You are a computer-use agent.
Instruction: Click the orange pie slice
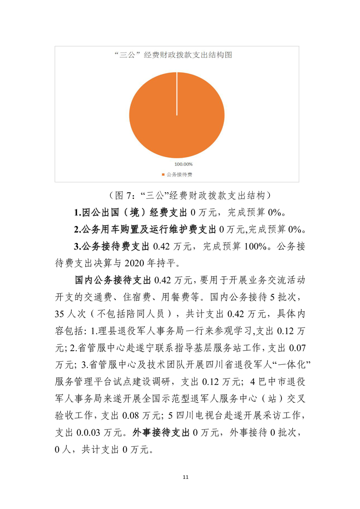tap(177, 113)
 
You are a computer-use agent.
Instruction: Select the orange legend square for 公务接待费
tap(163, 174)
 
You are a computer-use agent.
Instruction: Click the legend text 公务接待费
tap(179, 174)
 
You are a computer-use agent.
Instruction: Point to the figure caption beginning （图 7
tap(190, 196)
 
